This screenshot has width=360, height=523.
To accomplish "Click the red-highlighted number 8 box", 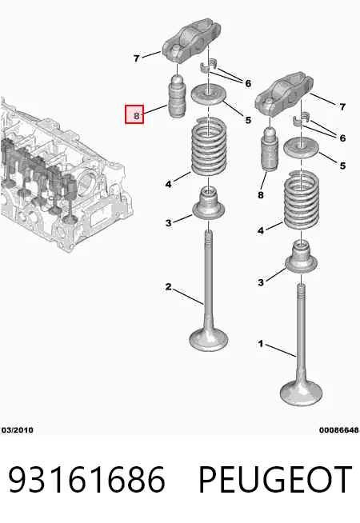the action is tap(134, 114).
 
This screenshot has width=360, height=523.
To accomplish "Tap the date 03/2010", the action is tap(18, 430).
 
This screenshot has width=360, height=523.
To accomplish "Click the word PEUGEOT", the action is tap(275, 480).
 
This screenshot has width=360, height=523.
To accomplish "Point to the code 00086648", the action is tap(338, 430).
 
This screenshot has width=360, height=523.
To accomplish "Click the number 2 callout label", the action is tap(169, 286).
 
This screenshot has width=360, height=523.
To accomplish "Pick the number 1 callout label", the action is tap(261, 344).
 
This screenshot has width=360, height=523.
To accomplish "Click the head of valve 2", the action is tap(209, 339).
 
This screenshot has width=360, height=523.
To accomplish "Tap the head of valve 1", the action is tap(302, 393).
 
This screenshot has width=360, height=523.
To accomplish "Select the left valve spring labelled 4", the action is tap(209, 146).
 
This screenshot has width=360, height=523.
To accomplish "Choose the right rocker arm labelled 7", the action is tap(284, 91).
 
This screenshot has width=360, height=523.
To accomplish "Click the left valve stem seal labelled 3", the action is tap(209, 203).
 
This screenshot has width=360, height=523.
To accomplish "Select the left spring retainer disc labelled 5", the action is tap(209, 94).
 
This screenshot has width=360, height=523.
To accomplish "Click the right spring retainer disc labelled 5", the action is tap(302, 146).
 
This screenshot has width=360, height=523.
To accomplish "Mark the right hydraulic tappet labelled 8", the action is tap(270, 149).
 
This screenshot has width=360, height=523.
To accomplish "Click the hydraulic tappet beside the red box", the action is tap(177, 97).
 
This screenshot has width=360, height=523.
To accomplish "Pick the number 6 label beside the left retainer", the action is tap(248, 83).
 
